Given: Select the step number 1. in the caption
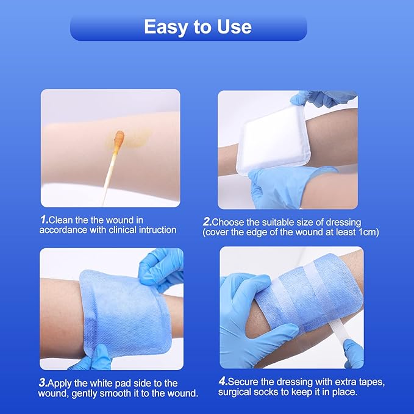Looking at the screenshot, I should coord(43,219).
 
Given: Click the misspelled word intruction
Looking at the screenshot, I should coord(155,230).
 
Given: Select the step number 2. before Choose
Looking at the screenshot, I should coord(207,222).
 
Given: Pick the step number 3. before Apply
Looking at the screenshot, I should coord(43,383).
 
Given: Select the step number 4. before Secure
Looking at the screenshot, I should coord(223,382).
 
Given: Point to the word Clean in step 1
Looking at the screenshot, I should coord(61,219).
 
